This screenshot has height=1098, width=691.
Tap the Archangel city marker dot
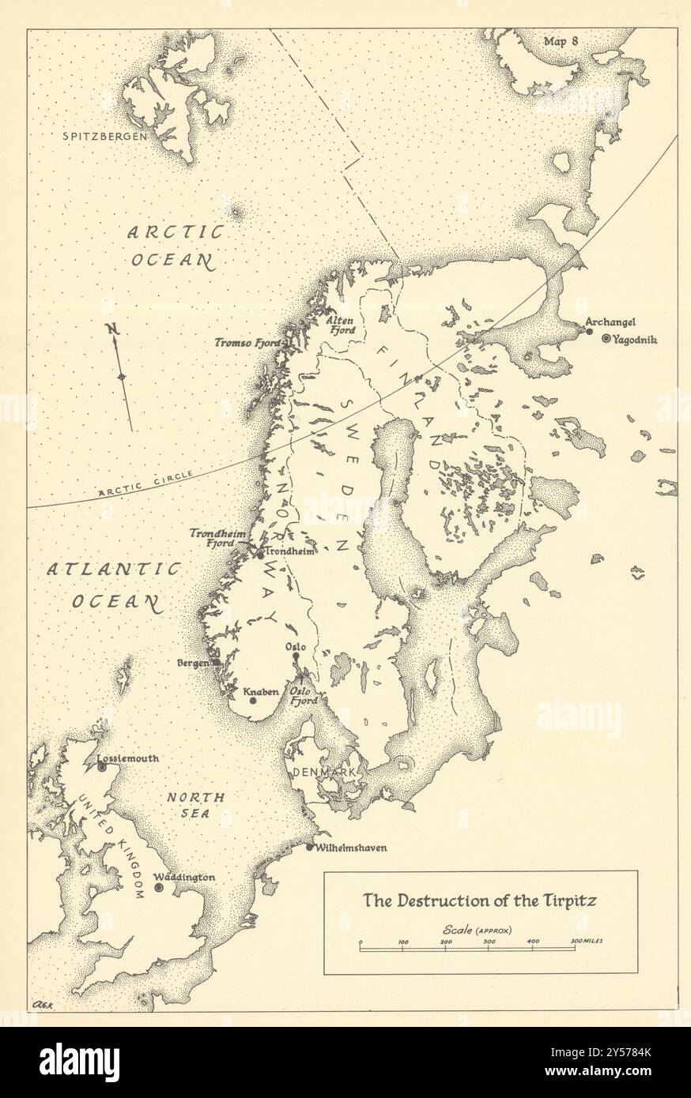[x=589, y=331]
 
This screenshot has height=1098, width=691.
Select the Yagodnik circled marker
[x=606, y=339]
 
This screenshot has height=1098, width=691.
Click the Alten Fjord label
[x=341, y=325]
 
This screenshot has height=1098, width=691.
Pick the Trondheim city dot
[x=259, y=555]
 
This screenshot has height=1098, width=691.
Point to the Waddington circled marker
[x=159, y=888]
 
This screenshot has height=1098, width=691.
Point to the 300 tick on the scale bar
[x=489, y=942]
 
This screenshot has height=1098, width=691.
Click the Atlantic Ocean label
[x=114, y=585]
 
